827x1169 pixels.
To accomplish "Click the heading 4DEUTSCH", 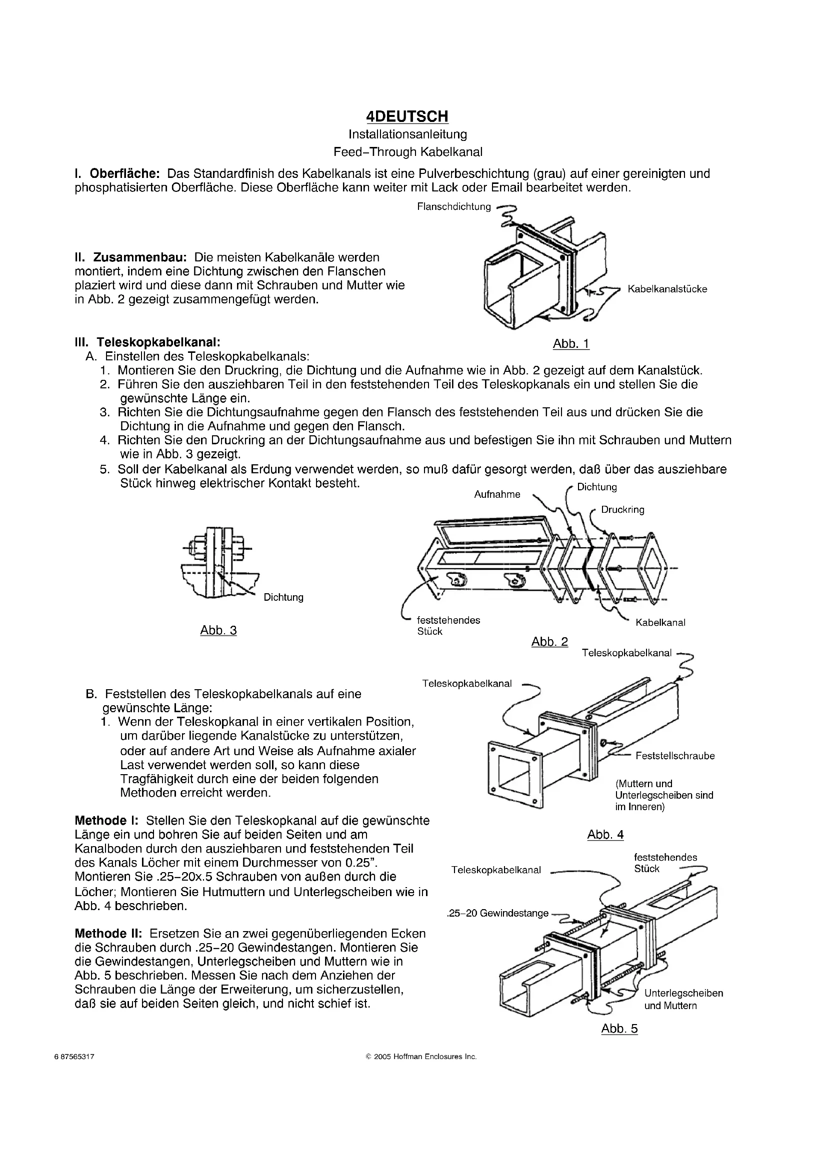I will click(x=407, y=116).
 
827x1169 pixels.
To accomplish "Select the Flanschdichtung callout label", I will click(x=453, y=207).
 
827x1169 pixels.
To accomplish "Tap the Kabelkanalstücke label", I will click(x=667, y=289).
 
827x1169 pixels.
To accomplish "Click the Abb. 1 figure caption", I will click(x=571, y=344).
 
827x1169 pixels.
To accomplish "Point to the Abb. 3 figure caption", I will click(x=218, y=630).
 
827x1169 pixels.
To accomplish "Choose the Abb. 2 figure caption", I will click(x=549, y=642).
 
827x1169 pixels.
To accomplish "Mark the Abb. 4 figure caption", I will click(x=605, y=835).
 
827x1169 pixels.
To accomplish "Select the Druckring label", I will click(x=622, y=510).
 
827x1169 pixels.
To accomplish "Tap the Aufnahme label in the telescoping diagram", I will click(x=497, y=494).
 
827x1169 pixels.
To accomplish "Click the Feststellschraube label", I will click(x=674, y=756).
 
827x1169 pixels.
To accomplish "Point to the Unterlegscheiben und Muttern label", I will click(x=683, y=999).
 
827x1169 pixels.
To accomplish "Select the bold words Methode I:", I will click(x=106, y=821).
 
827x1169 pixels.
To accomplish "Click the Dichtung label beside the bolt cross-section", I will click(x=283, y=597).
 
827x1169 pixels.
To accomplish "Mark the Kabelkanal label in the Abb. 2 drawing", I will click(x=660, y=622).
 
